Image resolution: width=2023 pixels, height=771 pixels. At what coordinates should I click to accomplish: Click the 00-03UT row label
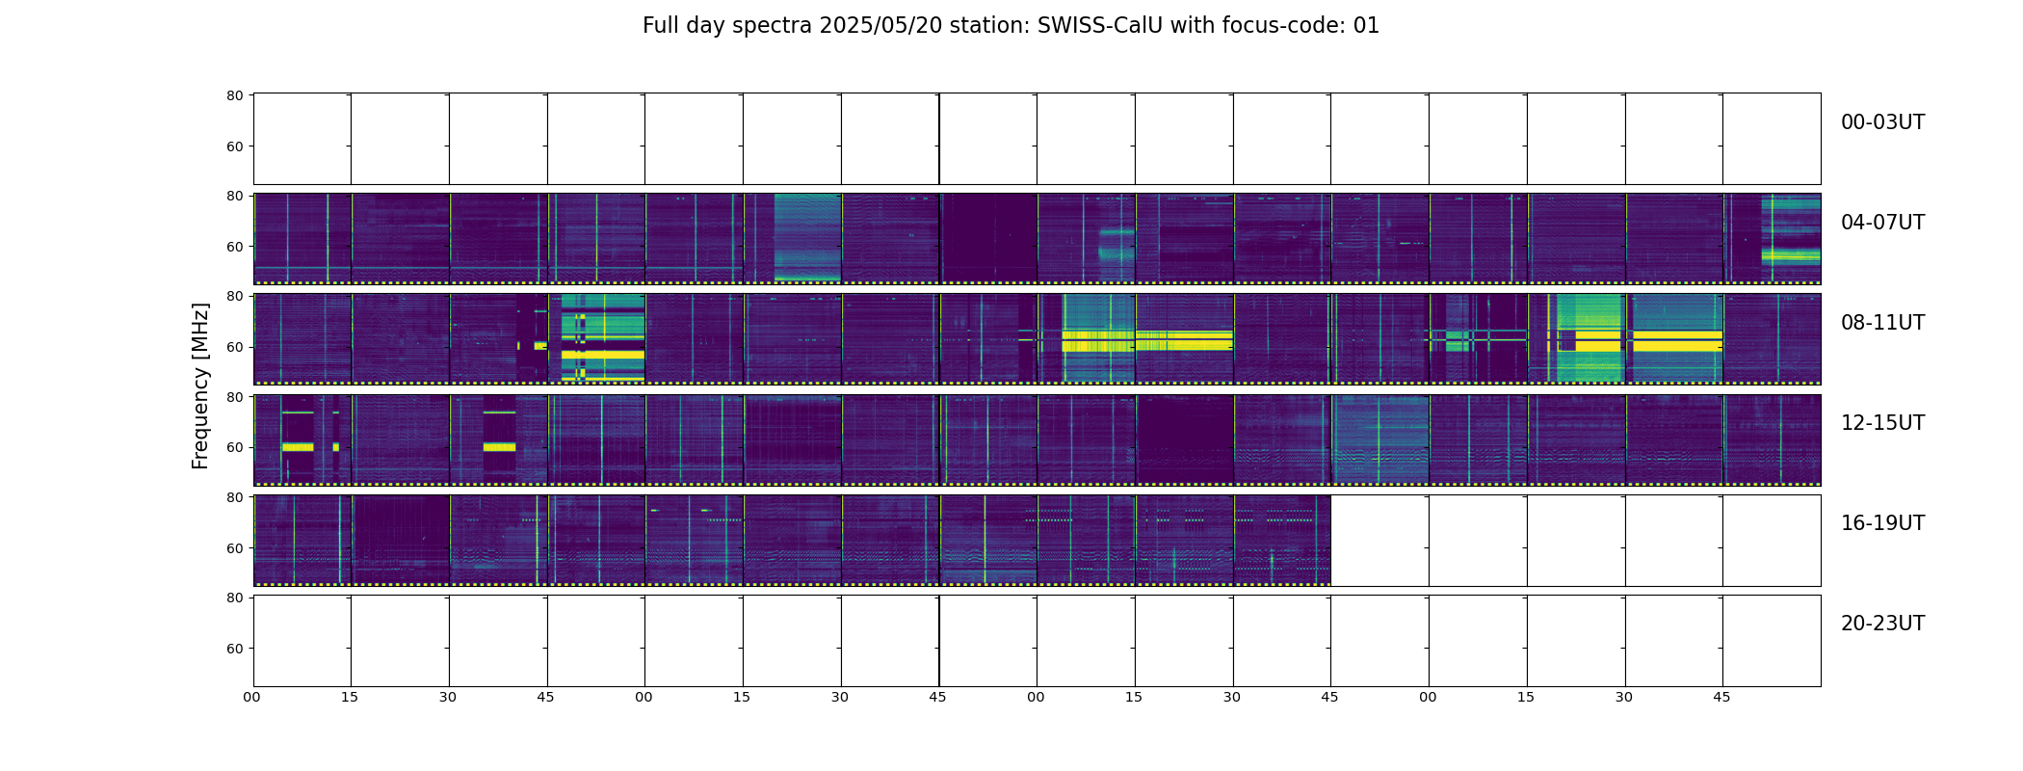point(1882,122)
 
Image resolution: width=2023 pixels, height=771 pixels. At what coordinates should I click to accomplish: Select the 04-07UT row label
point(1882,223)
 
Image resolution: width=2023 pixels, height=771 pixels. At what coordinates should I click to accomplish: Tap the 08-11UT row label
point(1882,323)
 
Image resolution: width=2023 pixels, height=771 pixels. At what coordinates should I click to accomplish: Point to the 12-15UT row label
point(1882,423)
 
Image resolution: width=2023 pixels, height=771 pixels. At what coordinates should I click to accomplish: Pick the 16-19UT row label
point(1882,523)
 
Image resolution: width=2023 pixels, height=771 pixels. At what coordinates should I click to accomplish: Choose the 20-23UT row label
point(1882,624)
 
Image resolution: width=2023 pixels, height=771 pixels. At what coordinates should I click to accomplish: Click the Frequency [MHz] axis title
point(200,385)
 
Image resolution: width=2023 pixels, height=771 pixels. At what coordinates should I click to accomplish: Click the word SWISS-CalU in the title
point(1100,26)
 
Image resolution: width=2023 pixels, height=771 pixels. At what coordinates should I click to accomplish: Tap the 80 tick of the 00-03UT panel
point(235,96)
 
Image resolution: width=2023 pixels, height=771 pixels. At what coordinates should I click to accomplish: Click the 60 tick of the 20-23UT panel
point(235,649)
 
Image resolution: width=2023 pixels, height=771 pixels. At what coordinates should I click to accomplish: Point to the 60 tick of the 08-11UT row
point(235,347)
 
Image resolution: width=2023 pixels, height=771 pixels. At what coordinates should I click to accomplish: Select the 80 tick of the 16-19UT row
point(235,497)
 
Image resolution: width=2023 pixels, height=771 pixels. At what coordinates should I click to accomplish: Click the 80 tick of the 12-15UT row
point(235,397)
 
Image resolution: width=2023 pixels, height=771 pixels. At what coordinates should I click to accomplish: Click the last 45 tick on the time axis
point(1721,697)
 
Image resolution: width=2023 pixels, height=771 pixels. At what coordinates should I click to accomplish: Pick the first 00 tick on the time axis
point(252,697)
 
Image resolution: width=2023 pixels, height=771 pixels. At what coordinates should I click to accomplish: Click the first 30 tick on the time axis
point(448,697)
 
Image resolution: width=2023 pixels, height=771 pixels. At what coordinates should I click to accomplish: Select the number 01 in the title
point(1367,26)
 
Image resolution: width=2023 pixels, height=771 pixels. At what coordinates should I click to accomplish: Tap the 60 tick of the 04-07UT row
point(235,247)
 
